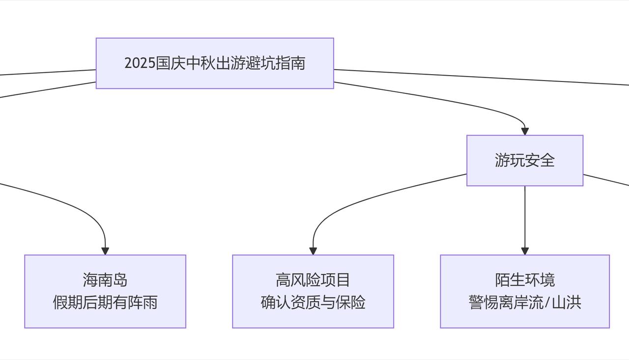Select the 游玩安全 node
tap(524, 161)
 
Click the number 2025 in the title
tap(140, 63)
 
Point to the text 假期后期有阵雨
tap(105, 303)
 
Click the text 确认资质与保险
tap(313, 303)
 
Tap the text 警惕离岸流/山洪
tap(524, 303)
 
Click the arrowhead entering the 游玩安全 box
tap(525, 132)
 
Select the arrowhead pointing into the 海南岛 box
tap(105, 251)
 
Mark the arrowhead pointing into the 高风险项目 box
tap(313, 251)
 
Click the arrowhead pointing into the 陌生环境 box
tap(525, 251)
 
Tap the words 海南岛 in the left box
tap(105, 280)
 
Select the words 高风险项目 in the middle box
tap(313, 280)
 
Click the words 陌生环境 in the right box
tap(524, 280)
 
